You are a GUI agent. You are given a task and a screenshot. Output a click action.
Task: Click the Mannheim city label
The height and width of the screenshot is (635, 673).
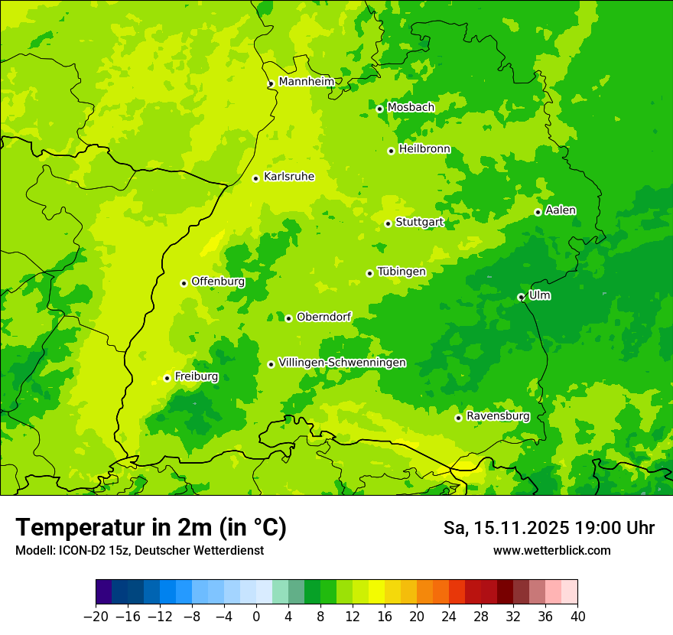307,82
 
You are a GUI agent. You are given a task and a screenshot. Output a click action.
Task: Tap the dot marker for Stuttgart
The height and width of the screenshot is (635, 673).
388,223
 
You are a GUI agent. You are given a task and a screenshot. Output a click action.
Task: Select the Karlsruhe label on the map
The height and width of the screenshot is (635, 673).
289,177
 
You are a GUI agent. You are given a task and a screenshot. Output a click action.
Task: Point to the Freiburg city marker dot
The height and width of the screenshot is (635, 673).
167,378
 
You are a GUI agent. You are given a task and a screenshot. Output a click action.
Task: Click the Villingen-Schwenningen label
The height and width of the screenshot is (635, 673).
343,363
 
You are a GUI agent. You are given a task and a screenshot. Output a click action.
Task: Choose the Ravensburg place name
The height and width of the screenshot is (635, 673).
498,416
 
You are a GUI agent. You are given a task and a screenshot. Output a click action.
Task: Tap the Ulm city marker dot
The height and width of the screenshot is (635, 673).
521,297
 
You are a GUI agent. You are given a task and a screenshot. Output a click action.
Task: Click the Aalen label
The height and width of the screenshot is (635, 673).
561,210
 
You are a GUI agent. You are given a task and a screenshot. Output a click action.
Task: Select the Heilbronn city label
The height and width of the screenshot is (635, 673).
424,149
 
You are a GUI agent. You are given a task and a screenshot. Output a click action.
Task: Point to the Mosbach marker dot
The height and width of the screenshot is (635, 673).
379,109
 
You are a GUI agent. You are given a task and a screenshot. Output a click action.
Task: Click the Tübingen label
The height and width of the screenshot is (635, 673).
402,272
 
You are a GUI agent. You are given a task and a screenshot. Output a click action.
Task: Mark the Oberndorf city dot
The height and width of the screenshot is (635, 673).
288,318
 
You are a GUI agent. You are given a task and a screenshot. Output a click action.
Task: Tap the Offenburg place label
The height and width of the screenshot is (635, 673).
218,282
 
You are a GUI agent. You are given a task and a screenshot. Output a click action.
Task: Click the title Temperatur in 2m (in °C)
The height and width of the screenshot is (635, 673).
151,528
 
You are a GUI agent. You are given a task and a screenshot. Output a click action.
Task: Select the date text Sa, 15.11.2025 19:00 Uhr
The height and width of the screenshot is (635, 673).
548,528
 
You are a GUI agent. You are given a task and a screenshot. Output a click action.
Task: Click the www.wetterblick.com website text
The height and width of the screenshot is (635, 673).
551,550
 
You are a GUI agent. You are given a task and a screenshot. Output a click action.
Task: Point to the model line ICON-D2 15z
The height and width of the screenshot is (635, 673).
139,550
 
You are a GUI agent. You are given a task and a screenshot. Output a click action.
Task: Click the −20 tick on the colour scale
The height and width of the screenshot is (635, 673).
96,617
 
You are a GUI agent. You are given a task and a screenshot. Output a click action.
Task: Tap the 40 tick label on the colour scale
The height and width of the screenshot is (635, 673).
577,617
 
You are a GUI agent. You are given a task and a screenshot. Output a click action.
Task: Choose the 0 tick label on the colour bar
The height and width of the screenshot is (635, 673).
256,617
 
